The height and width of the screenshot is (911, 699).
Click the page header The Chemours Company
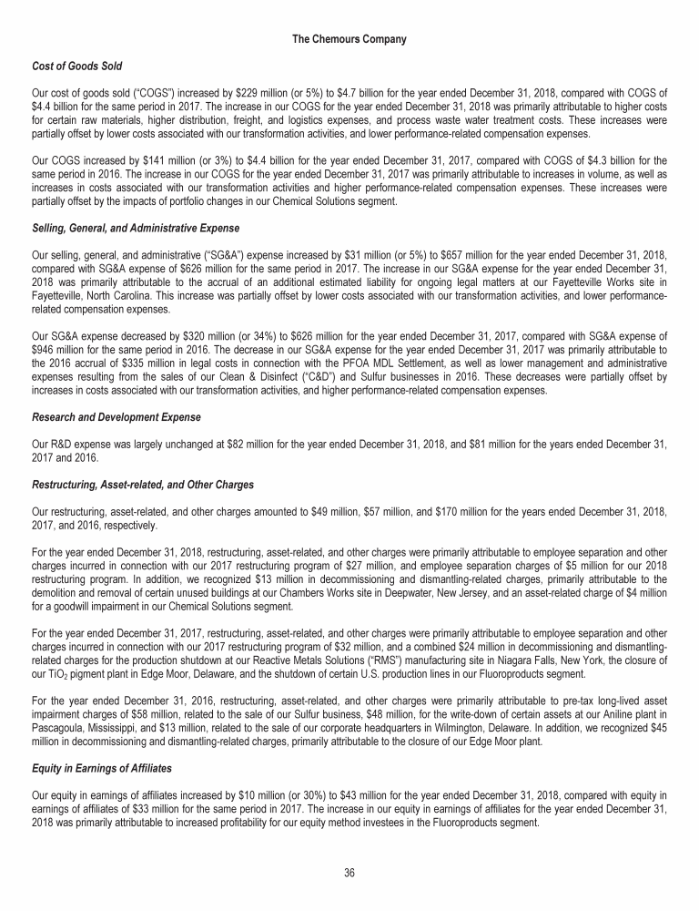tap(349, 39)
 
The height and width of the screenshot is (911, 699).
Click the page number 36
tap(349, 874)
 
